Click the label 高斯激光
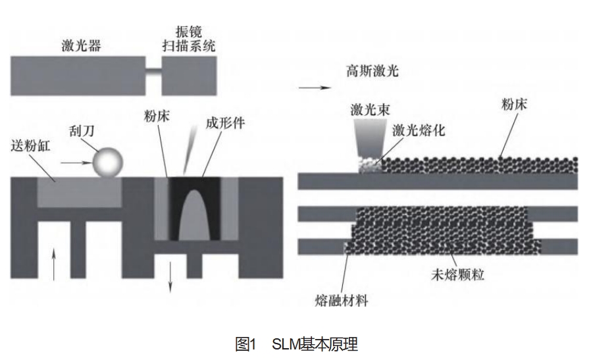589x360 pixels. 372,71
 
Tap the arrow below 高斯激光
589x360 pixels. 307,87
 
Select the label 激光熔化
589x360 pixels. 419,130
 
